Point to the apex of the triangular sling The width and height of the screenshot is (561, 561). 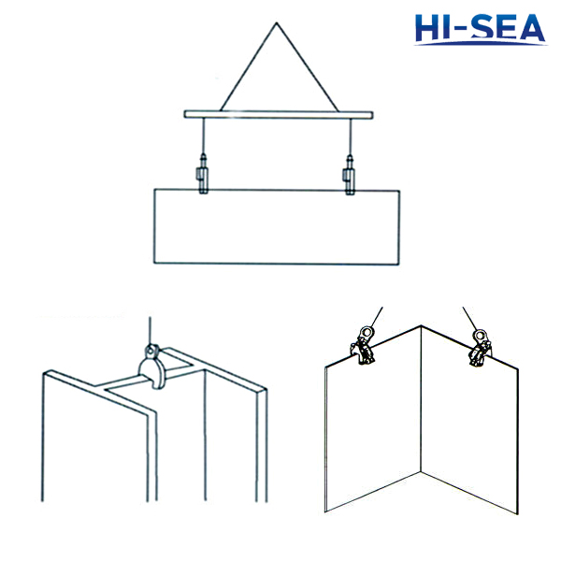point(277,25)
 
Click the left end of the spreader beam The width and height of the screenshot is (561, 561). point(186,114)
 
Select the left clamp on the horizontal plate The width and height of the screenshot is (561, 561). point(203,179)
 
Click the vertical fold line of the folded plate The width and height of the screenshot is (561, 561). point(422,421)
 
